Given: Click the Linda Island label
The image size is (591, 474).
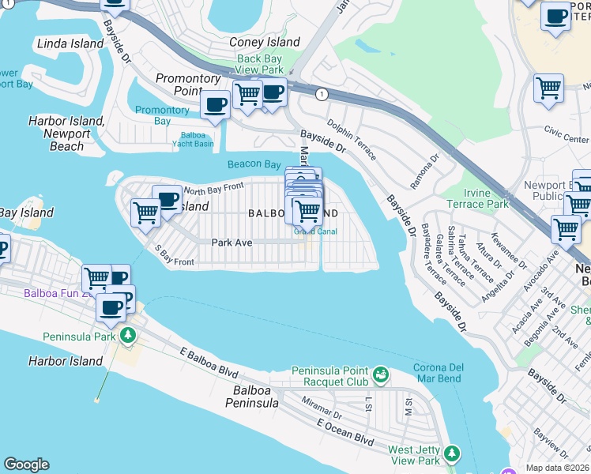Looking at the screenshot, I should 70,43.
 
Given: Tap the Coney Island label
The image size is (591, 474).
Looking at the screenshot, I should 264,42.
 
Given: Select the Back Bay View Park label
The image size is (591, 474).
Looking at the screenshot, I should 259,64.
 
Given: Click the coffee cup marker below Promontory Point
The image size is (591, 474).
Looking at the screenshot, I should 215,105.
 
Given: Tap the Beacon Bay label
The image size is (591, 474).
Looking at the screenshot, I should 254,164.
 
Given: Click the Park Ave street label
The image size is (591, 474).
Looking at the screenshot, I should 232,243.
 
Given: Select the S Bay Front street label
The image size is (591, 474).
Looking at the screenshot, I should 173,256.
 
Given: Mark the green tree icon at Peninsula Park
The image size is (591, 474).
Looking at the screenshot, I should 126,336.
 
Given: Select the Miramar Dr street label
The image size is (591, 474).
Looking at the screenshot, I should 321,408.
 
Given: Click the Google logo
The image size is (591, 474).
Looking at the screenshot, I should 26,465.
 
